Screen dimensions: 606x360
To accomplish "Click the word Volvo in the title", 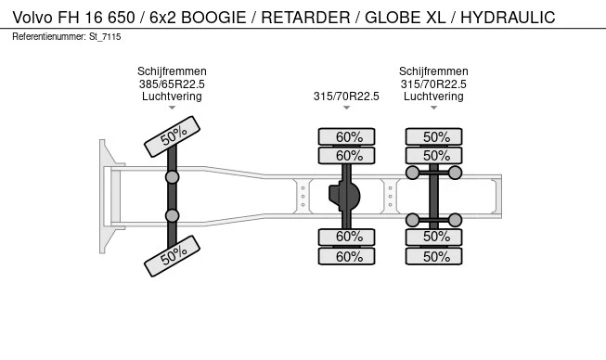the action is coord(32,18).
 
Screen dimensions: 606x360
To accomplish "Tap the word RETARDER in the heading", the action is coord(305,18).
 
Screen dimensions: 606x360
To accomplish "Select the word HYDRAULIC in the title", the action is coord(508,18).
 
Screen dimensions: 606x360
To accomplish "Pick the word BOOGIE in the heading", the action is coord(213,18).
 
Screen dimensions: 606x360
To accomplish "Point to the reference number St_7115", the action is coord(105,37).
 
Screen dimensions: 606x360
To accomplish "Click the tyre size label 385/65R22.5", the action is coord(172,84).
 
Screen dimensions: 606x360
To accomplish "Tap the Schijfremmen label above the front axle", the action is coord(172,71).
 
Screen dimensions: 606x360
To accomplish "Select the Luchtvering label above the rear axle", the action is coord(433,96).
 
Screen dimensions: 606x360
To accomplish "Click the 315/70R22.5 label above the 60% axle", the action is coord(346,96).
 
